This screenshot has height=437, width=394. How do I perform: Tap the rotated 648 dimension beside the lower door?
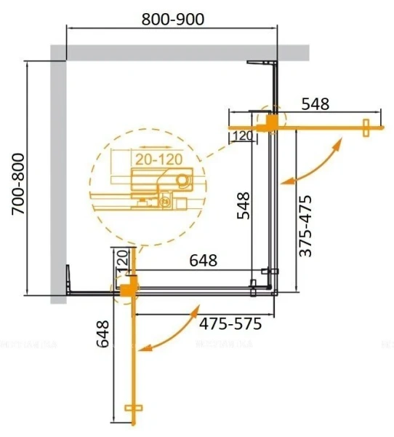103,336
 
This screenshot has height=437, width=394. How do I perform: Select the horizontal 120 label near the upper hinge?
243,135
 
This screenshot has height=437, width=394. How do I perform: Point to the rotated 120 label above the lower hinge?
121,259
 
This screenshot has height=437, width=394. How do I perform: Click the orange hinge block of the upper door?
271,125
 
